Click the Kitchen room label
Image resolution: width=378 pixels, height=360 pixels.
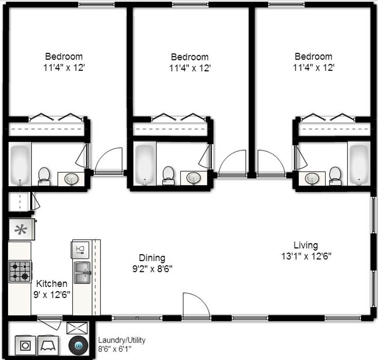click(x=51, y=284)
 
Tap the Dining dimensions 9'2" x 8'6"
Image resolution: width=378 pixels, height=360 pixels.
click(x=152, y=269)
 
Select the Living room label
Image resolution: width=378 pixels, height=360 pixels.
click(x=305, y=245)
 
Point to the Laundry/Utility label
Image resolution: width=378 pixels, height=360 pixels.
click(x=122, y=340)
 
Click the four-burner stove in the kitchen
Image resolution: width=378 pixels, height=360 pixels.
click(x=20, y=271)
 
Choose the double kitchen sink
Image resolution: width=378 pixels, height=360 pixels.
click(x=82, y=273)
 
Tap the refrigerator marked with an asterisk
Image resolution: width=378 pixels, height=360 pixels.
click(x=21, y=230)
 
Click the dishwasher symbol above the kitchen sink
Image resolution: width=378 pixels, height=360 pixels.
click(x=80, y=250)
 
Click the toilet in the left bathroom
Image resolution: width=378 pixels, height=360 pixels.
click(x=44, y=176)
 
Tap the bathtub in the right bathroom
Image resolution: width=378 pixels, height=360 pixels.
click(x=359, y=163)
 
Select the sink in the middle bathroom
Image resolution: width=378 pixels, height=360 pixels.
click(x=193, y=178)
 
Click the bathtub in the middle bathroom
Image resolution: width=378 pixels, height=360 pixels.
click(x=145, y=163)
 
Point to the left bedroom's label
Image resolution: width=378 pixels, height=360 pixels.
click(x=64, y=56)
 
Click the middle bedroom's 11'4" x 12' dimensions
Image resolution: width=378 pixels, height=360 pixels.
click(x=190, y=68)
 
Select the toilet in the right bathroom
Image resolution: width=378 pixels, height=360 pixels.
click(x=335, y=176)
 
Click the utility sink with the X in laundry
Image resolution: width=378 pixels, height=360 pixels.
click(x=77, y=328)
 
